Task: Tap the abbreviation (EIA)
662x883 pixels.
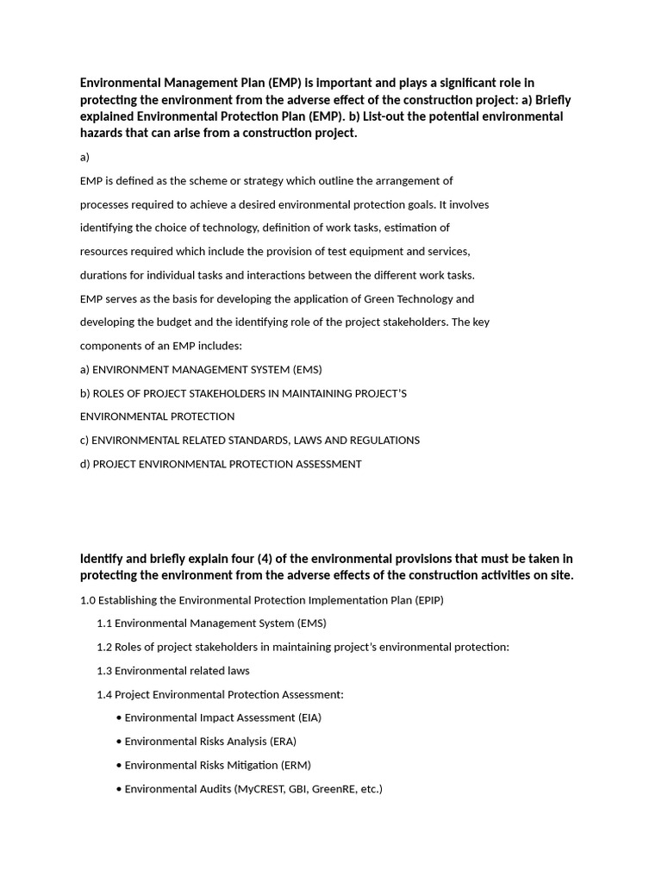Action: point(309,717)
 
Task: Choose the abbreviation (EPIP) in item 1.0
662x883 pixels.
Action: point(428,600)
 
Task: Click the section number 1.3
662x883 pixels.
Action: point(104,671)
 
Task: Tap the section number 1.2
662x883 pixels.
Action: point(104,648)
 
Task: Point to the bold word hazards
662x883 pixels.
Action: point(103,133)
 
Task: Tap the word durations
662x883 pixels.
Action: point(105,276)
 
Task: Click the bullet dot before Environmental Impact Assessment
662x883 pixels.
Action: point(118,718)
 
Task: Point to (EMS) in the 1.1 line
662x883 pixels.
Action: point(311,623)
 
